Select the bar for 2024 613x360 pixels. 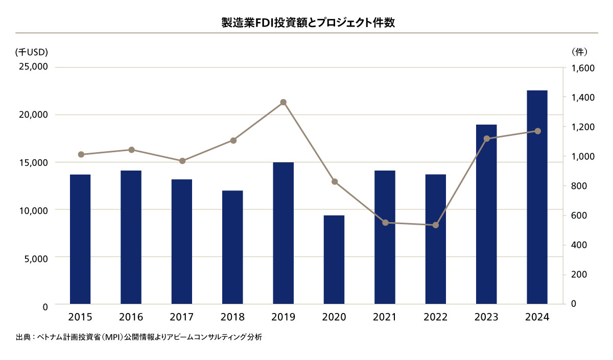[x=537, y=198]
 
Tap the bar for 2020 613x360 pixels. [x=334, y=260]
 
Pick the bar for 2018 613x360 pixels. [x=233, y=248]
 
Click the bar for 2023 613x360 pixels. [x=486, y=214]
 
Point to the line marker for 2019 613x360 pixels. [x=284, y=102]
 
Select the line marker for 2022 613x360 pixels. [x=436, y=225]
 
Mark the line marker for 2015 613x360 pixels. [x=81, y=154]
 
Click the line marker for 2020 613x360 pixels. [x=335, y=181]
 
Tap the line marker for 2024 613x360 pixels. [x=537, y=131]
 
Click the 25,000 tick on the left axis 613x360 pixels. [x=33, y=67]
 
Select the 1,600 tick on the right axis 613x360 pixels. [x=581, y=68]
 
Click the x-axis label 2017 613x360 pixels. [x=182, y=317]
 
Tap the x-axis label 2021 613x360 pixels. [x=385, y=317]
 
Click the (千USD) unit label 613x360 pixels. [x=31, y=52]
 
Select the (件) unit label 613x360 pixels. [x=579, y=52]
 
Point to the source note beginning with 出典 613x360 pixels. [x=139, y=338]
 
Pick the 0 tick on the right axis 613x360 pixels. [x=573, y=303]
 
